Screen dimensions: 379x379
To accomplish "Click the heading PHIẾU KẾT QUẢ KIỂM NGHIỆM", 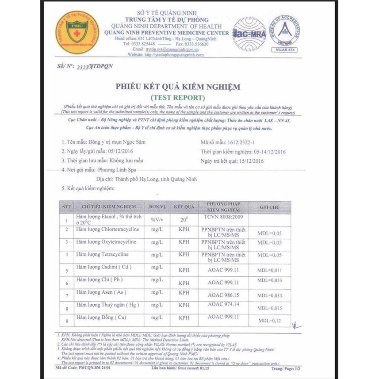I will tap(178, 87).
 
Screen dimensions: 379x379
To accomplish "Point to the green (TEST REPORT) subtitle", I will tap(178, 97).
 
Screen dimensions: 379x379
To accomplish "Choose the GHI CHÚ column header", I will tap(270, 207).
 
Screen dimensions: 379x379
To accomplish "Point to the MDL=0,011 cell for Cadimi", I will tap(270, 270).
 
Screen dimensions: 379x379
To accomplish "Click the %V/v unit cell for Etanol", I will tap(157, 219).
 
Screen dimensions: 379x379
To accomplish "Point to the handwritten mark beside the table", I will tap(295, 326).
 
